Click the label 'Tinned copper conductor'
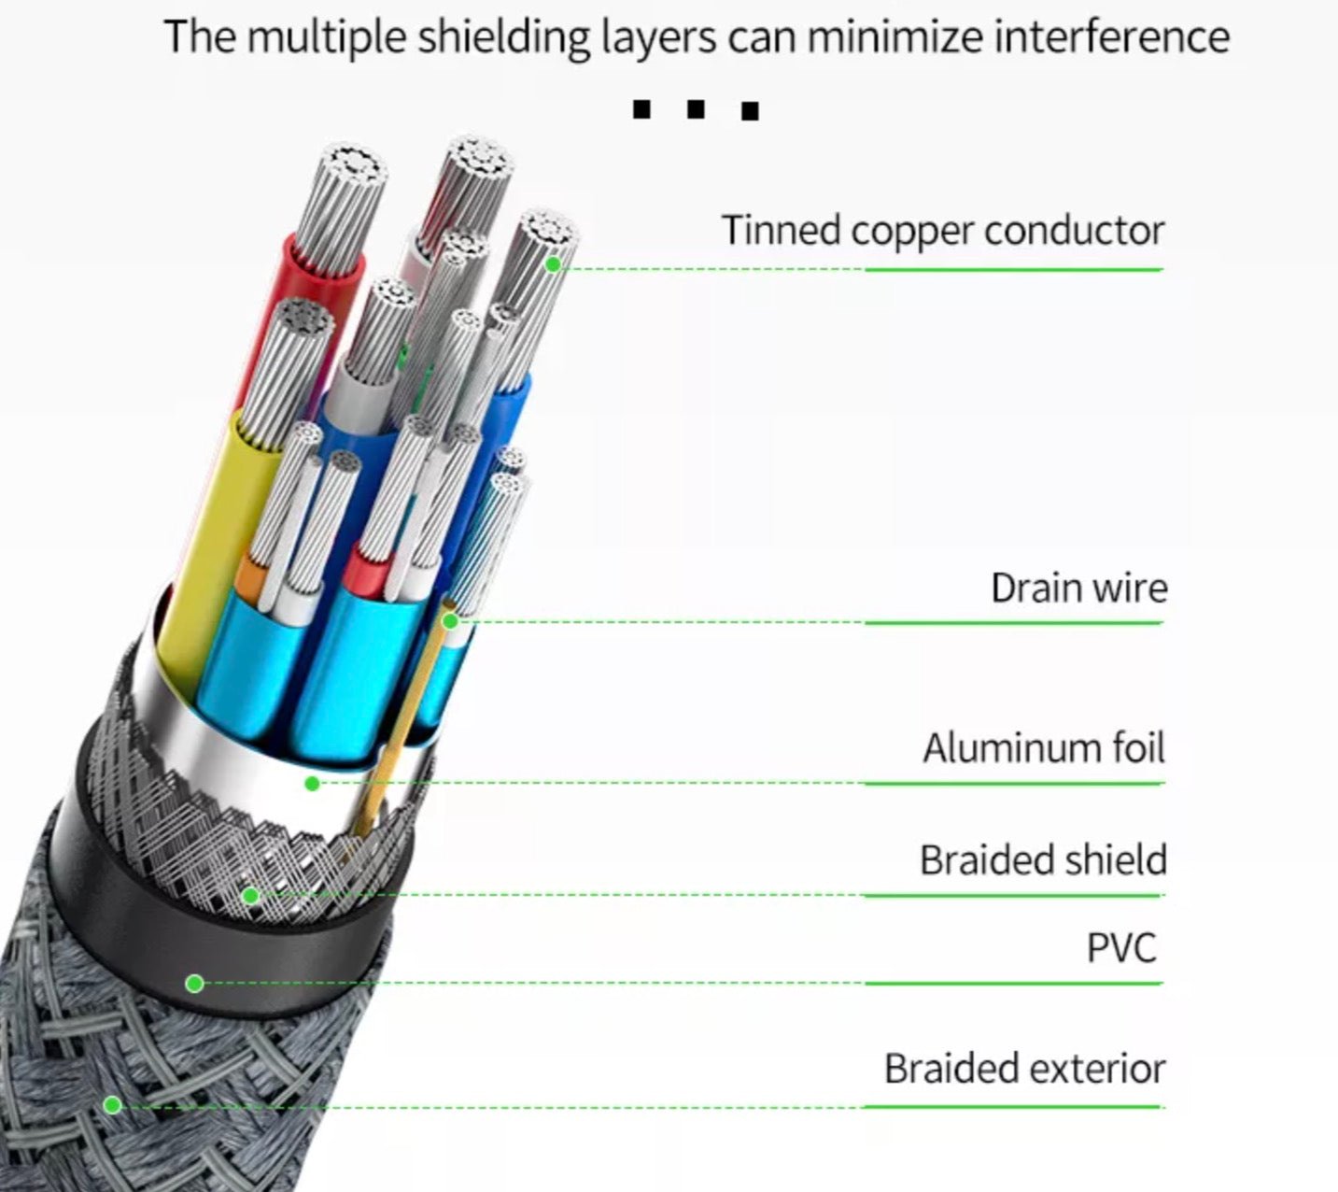[943, 231]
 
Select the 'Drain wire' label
[1078, 589]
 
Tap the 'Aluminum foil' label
[1044, 748]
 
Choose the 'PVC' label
[1121, 948]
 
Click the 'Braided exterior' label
[1024, 1069]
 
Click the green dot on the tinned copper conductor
[553, 264]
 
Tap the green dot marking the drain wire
[450, 620]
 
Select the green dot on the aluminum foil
[313, 783]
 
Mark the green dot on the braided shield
[249, 896]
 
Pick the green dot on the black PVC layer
[194, 983]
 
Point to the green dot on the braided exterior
[113, 1105]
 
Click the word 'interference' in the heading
[1111, 37]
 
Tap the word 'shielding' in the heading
[503, 37]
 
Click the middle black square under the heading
[695, 110]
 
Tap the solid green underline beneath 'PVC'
[1013, 983]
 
